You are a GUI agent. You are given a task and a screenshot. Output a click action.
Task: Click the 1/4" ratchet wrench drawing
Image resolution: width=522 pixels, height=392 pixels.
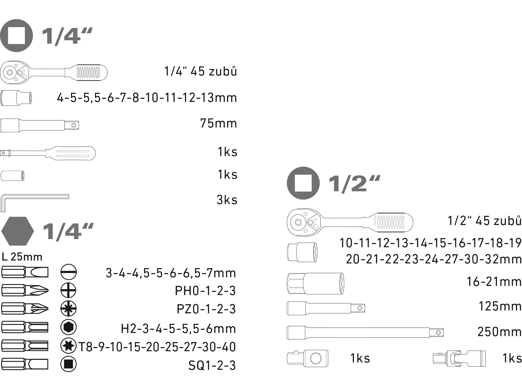(54, 72)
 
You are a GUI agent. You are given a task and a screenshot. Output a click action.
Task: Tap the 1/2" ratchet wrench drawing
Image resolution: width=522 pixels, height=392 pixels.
(350, 222)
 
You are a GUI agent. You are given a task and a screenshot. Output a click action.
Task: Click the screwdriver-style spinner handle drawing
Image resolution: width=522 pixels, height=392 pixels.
(48, 153)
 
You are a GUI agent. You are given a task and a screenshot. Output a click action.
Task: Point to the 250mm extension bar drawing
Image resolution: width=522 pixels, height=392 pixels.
(365, 333)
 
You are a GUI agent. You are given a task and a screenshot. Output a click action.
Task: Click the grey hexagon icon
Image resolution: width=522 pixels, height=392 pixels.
(17, 231)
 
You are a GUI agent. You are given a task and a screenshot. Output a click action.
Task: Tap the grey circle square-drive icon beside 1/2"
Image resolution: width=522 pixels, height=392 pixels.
(303, 183)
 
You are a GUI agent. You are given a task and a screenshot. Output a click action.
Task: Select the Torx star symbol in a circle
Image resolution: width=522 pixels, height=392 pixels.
(68, 345)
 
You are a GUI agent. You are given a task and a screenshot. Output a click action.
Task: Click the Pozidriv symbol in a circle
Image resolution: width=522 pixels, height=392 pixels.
(68, 308)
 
